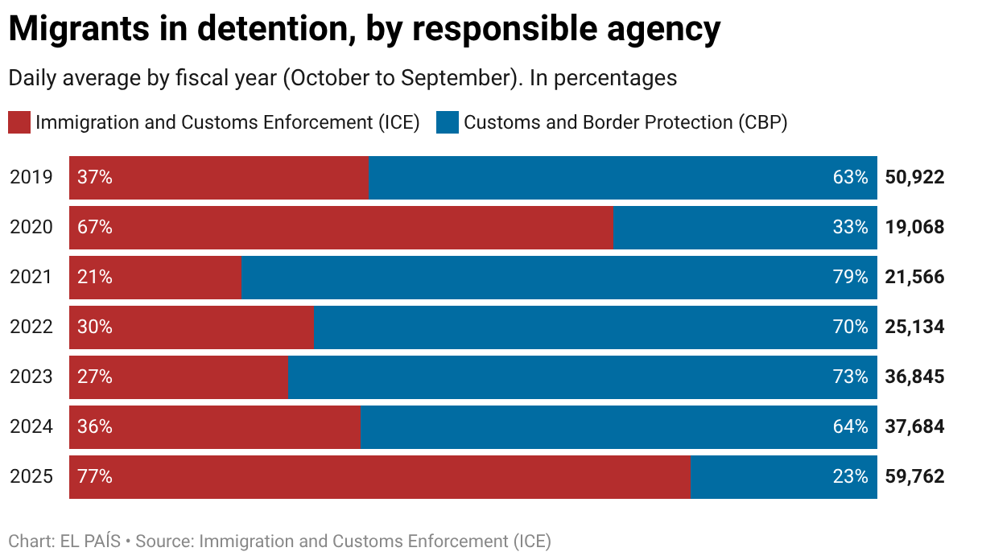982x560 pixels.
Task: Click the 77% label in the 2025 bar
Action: [95, 477]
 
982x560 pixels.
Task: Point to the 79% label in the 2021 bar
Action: [851, 278]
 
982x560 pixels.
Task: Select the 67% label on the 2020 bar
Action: [95, 228]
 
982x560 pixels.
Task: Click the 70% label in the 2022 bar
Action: [851, 327]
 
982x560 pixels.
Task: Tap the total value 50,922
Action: [914, 178]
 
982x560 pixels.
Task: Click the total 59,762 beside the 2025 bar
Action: [914, 477]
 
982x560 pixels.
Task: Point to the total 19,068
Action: [914, 228]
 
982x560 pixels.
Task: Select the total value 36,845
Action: [914, 377]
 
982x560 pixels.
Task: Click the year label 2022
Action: [31, 327]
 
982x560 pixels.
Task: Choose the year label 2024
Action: [31, 427]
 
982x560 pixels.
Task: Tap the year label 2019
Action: [31, 178]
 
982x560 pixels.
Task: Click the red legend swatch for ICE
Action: [19, 123]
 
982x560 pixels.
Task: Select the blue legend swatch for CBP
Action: [447, 123]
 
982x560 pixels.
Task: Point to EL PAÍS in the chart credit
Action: [91, 541]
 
